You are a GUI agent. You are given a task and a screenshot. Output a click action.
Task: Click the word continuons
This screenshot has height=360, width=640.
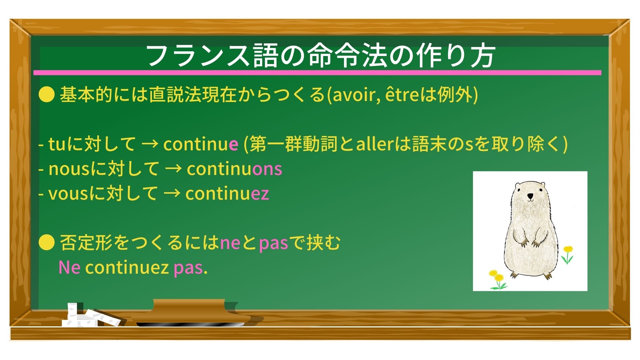coord(234,169)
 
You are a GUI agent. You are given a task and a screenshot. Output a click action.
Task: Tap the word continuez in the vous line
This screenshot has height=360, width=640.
coord(227,194)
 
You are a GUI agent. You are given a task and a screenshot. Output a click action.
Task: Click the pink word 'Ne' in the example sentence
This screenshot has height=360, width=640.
coord(69,268)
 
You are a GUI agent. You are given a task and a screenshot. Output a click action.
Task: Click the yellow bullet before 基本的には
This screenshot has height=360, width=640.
coord(46,95)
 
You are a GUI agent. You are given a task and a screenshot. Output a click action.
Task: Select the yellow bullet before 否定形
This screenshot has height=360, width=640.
coord(46,242)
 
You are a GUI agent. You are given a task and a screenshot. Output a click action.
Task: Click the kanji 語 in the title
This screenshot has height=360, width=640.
coord(265,56)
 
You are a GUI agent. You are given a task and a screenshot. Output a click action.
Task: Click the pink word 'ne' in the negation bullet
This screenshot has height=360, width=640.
coord(230,243)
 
